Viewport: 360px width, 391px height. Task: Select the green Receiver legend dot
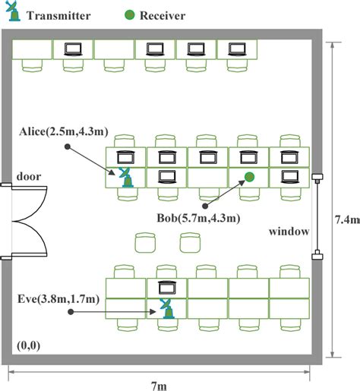(131, 14)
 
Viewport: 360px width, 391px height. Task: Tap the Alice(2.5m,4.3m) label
(64, 132)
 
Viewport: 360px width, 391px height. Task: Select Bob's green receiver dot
(249, 178)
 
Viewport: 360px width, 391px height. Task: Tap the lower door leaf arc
(30, 241)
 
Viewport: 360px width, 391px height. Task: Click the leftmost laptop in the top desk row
(73, 50)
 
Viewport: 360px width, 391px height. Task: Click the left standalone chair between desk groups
(144, 243)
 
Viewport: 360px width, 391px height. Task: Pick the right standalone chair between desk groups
(189, 243)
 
